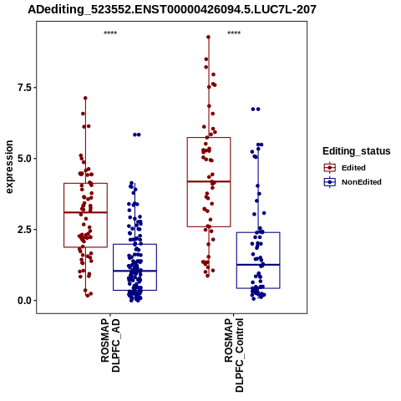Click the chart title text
coord(172,9)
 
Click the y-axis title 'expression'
coord(9,167)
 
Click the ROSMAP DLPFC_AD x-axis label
coord(110,345)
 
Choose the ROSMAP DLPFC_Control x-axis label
coord(234,355)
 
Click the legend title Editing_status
coord(357,151)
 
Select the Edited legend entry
coord(344,168)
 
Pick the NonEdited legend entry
coord(353,182)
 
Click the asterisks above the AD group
coord(110,33)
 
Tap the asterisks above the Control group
coord(234,33)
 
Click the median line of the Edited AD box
coord(85,212)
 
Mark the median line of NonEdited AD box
coord(135,271)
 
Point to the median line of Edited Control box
coord(209,181)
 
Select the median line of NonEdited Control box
coord(258,265)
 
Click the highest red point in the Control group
coord(208,37)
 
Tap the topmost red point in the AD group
coord(85,98)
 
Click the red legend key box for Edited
coord(330,168)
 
